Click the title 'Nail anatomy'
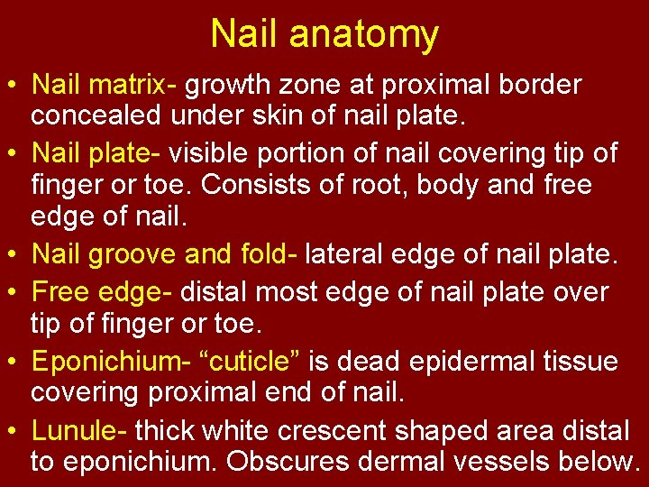click(x=324, y=34)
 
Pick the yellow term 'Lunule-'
click(x=81, y=429)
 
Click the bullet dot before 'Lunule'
click(x=13, y=430)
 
